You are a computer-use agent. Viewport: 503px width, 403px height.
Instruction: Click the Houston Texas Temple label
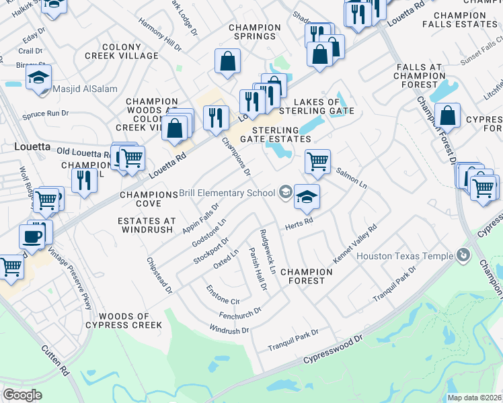405,256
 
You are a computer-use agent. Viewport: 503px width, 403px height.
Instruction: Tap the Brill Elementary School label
227,193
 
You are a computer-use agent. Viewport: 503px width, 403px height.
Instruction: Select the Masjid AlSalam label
68,89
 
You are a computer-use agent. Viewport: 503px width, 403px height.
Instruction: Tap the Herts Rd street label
299,222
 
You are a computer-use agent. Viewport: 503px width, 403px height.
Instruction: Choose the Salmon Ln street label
351,179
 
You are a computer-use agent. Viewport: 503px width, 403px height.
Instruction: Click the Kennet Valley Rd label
355,244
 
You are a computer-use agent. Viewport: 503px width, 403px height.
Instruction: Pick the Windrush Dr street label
229,330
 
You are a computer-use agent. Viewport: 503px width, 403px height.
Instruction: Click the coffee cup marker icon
32,236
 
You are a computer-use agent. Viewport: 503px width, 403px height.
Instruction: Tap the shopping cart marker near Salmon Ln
317,161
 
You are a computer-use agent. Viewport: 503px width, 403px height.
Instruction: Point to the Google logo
22,395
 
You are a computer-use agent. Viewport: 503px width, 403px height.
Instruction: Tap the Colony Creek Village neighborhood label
122,51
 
